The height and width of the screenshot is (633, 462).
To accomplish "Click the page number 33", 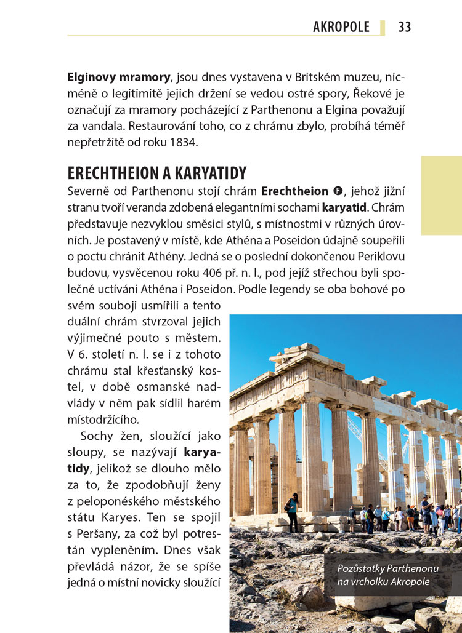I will coord(405,27).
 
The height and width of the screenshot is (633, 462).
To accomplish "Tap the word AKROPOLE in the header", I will coord(341,27).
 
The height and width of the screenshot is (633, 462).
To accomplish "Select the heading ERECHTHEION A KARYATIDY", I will coord(157,173).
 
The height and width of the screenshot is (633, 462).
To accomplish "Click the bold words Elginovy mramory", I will coord(119,78).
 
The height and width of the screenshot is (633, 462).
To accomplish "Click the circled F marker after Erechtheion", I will coord(336,191).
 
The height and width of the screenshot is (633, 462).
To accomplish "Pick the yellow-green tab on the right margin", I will coord(441,195).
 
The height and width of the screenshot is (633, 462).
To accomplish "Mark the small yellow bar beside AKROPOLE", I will coord(383,27).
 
